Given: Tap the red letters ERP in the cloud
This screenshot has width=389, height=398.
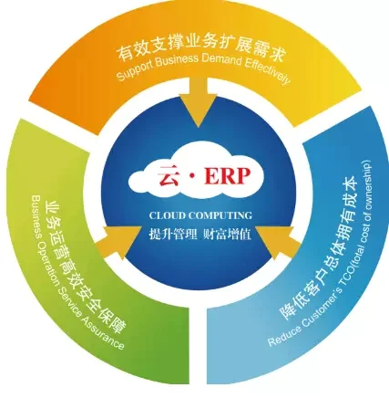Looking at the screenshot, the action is [x=228, y=175].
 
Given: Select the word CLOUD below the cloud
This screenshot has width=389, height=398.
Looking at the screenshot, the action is [x=168, y=215].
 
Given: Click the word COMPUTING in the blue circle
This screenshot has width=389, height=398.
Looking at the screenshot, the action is [x=220, y=215].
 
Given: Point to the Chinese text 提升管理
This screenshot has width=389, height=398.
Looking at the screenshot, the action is [x=173, y=234].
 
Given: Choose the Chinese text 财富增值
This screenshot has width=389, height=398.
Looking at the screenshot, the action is [x=227, y=234].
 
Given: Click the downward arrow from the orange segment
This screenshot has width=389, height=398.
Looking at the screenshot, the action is [x=198, y=101].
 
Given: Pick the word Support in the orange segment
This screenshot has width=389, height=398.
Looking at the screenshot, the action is [x=134, y=70].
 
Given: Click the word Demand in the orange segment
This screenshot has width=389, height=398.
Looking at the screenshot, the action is [x=221, y=60].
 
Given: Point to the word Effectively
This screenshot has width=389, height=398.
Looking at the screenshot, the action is [x=267, y=72].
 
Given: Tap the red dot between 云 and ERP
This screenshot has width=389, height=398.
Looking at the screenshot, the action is [x=191, y=176].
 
